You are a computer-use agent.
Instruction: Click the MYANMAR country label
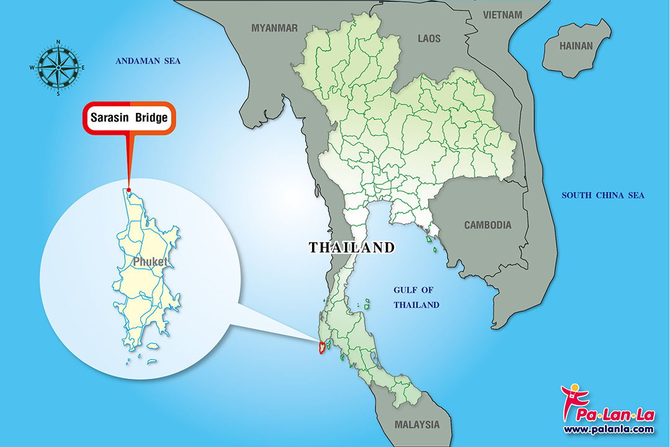(x=274, y=28)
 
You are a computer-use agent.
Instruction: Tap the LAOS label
(x=429, y=38)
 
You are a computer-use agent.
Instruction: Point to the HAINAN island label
(x=576, y=46)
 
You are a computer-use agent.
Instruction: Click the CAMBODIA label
(x=488, y=225)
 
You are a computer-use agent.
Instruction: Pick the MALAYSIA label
(x=417, y=425)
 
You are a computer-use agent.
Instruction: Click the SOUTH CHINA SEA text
(x=603, y=196)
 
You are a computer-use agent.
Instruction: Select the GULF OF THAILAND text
(x=417, y=297)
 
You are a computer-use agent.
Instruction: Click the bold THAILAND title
(x=352, y=248)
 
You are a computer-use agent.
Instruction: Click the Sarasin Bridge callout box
(x=130, y=117)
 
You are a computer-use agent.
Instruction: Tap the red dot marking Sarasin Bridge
(x=129, y=190)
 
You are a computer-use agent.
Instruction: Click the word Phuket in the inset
(x=150, y=262)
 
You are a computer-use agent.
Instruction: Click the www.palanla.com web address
(x=608, y=429)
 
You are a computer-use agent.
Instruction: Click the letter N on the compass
(x=58, y=42)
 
